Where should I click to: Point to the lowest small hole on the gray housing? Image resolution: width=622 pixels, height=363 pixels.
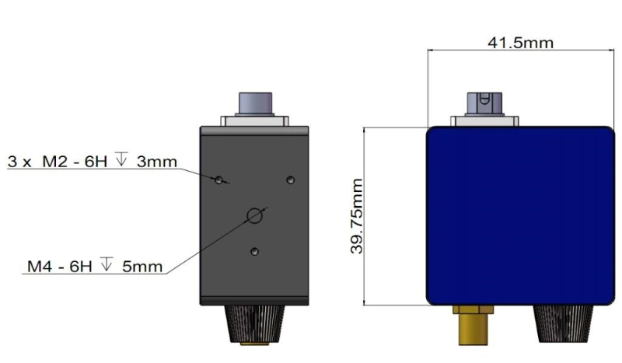[x=255, y=250]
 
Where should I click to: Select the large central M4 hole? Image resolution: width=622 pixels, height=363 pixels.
[x=254, y=216]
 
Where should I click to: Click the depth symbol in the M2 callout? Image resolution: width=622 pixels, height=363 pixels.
[x=121, y=162]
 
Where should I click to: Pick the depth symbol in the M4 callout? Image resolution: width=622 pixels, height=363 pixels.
[x=106, y=266]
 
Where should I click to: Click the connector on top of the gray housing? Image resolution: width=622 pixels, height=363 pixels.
[x=255, y=103]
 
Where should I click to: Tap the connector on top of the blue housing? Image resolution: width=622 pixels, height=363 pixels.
[x=482, y=103]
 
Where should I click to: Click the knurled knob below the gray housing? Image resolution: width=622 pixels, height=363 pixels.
[x=254, y=326]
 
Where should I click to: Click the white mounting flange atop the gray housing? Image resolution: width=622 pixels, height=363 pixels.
[x=255, y=121]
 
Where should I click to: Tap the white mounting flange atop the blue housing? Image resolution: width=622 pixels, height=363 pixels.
[x=482, y=120]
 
